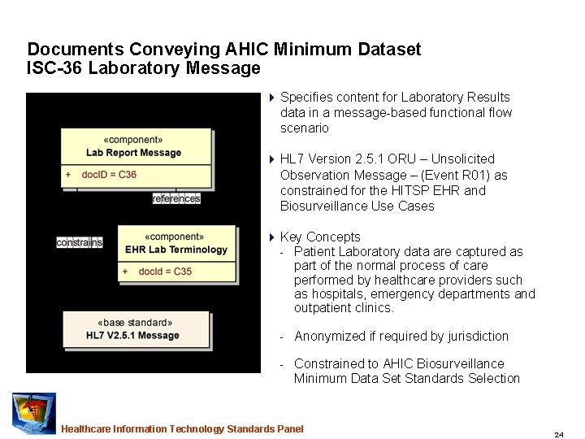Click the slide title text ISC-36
pos(54,68)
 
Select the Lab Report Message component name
pos(134,153)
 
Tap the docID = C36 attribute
pos(109,174)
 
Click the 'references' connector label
pos(176,198)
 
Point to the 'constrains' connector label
pos(80,242)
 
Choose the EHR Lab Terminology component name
pos(176,250)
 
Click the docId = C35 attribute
pos(165,272)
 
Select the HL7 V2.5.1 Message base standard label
pos(132,336)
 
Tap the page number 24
pos(559,435)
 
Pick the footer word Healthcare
pos(86,429)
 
